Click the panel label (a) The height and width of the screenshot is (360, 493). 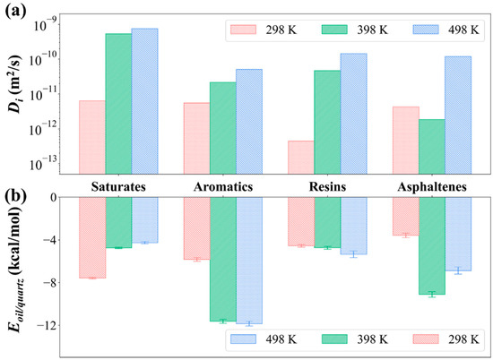15,12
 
